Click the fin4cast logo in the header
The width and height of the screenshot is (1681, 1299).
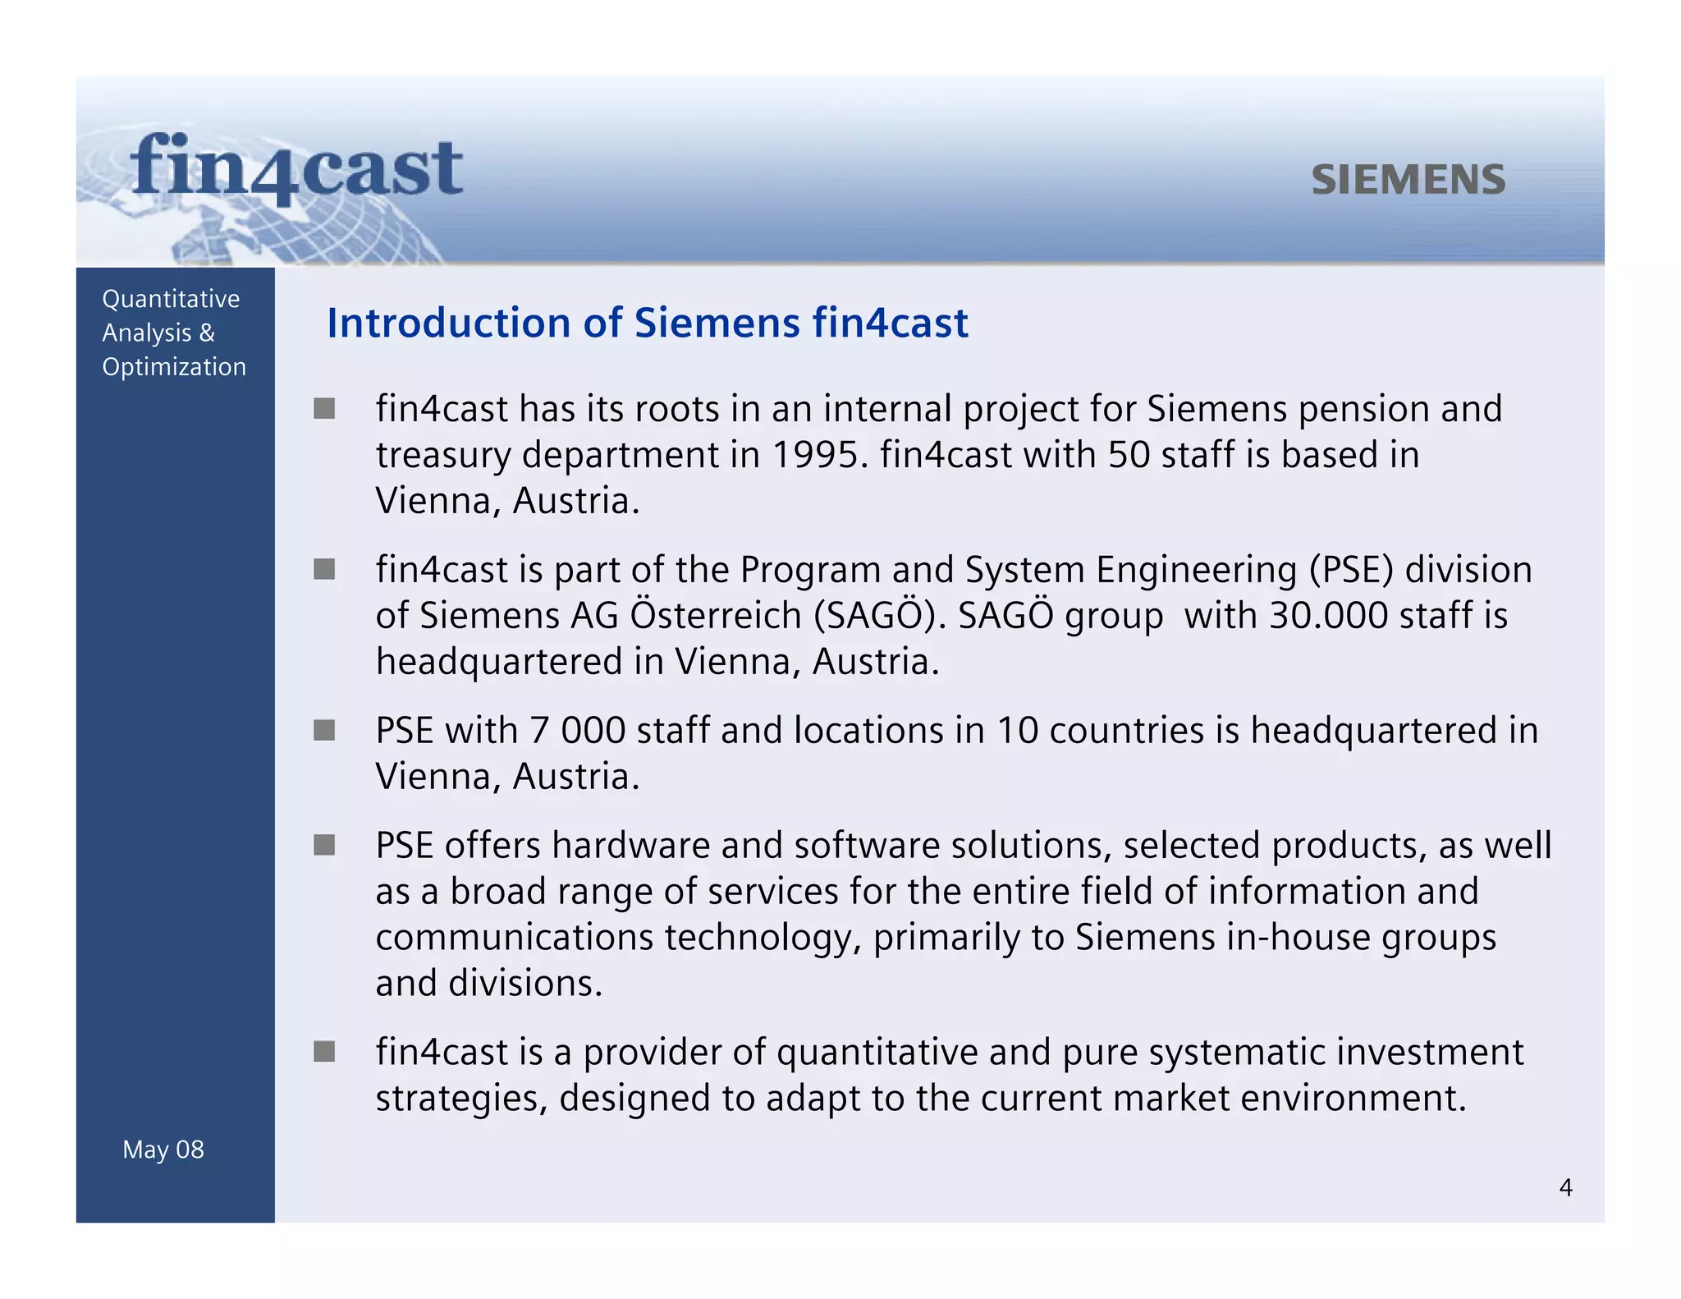coord(296,168)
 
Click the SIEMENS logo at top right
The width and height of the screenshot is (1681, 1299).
coord(1408,180)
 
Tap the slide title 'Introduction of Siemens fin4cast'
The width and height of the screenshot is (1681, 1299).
coord(647,323)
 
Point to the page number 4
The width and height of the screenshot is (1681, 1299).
coord(1565,1188)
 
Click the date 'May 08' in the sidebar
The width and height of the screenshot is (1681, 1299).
coord(163,1150)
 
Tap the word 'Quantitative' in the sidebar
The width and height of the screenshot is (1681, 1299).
coord(171,299)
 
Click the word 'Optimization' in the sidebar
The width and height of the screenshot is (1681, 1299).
coord(174,367)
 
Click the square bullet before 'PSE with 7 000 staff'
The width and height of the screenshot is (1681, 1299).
coord(324,730)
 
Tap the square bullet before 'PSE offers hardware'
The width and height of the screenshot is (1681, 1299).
coord(324,845)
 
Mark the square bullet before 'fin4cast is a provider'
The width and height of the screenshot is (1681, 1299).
coord(324,1052)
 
